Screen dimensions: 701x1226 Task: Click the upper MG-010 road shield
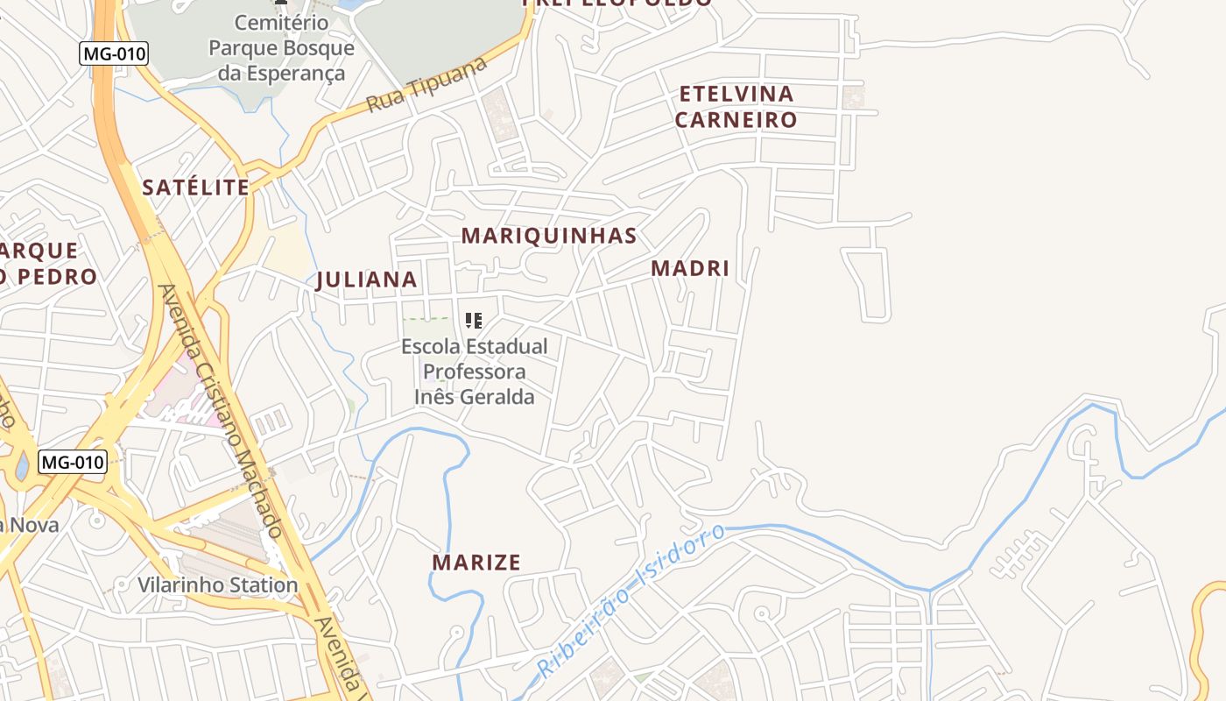click(x=115, y=53)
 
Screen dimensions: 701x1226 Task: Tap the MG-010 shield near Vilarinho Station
click(x=73, y=462)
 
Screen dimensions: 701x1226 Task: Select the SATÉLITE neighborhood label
click(x=196, y=187)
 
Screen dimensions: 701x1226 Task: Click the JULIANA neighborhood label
click(x=366, y=280)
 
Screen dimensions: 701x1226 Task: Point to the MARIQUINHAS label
click(x=549, y=236)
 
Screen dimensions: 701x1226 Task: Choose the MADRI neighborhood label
click(x=690, y=268)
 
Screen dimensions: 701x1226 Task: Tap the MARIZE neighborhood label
click(x=476, y=563)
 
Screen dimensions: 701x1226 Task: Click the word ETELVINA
click(x=736, y=94)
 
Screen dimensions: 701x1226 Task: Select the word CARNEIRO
click(x=736, y=120)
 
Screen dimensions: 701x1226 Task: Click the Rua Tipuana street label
click(x=426, y=86)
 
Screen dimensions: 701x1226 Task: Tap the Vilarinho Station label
click(x=218, y=584)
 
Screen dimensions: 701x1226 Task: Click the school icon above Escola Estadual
click(x=474, y=321)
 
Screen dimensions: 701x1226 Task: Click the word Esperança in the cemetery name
click(x=282, y=74)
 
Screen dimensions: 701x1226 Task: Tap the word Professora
click(x=475, y=372)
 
